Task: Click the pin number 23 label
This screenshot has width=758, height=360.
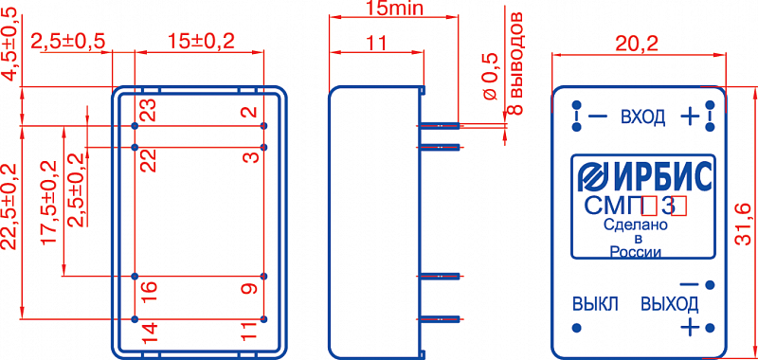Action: [150, 110]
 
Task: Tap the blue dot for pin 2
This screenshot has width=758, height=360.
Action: [263, 126]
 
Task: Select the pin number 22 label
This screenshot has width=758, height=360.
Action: [150, 160]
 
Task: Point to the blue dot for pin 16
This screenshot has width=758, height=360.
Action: [135, 277]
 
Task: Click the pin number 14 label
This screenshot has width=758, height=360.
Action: [150, 335]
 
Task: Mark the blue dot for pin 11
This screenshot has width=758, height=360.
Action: [263, 319]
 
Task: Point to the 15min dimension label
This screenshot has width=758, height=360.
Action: [393, 8]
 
